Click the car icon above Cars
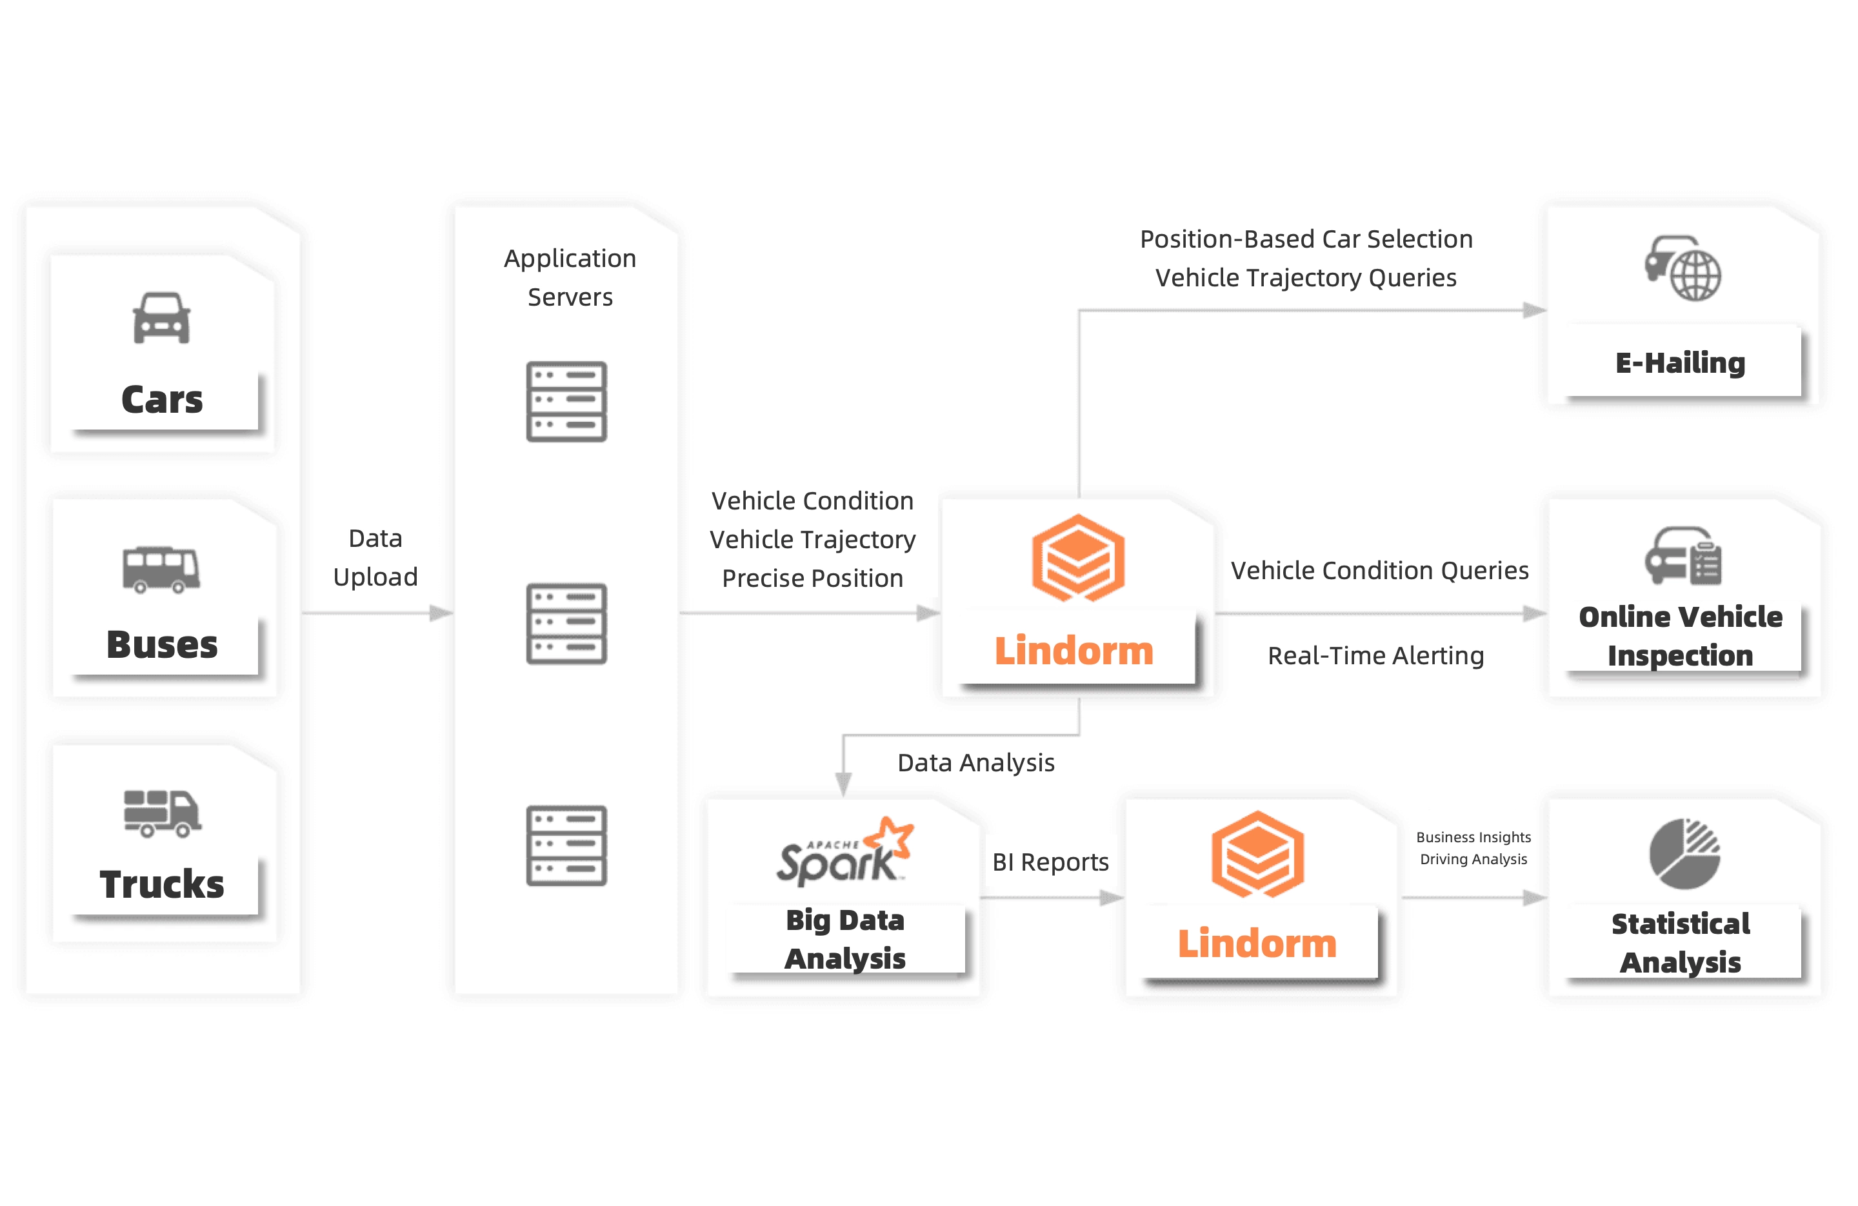point(161,318)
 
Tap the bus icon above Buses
point(161,569)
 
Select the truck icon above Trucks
point(161,813)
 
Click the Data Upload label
point(375,557)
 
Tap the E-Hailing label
point(1680,363)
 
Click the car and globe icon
point(1683,268)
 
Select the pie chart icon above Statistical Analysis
point(1684,853)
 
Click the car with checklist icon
point(1683,556)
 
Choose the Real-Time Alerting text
point(1375,656)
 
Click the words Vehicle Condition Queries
point(1379,571)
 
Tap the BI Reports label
point(1050,862)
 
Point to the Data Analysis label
point(976,763)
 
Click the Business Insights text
point(1473,837)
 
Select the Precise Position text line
point(812,578)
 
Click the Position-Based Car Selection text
point(1306,239)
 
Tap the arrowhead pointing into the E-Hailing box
point(1534,311)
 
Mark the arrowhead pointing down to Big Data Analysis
point(843,783)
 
